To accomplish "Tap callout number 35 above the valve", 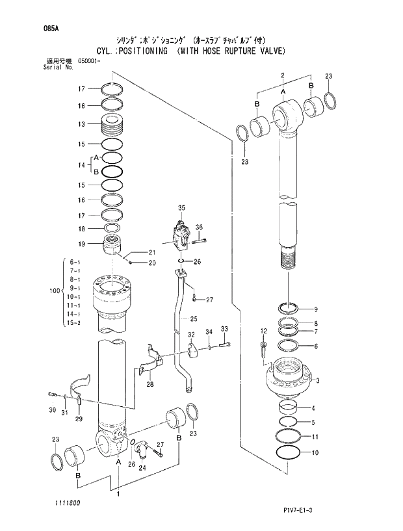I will click(x=181, y=207).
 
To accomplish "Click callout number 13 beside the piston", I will click(x=82, y=123).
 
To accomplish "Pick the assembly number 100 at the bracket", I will click(x=54, y=291).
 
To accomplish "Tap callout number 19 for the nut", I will click(x=82, y=244).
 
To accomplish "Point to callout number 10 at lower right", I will click(x=315, y=452).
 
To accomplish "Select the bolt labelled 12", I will click(x=263, y=348).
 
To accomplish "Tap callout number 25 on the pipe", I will click(x=193, y=318).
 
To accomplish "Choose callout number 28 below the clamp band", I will click(x=149, y=385).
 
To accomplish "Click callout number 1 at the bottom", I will click(x=118, y=494).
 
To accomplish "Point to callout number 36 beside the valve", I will click(x=199, y=227).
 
